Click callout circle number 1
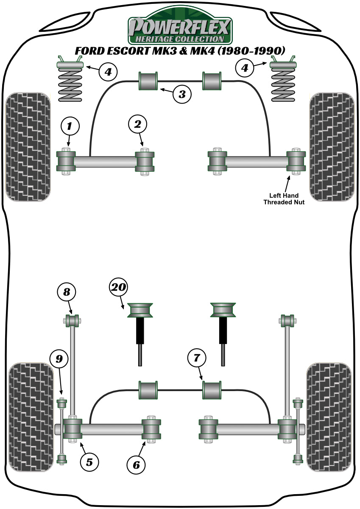(70, 126)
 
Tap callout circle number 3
(182, 94)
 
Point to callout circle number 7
(196, 358)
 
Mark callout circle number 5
(89, 461)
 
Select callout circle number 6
(136, 465)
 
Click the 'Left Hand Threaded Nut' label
(284, 199)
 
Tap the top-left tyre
(29, 146)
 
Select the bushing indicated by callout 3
(148, 81)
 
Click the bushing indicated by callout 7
(212, 390)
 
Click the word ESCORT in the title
(127, 51)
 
